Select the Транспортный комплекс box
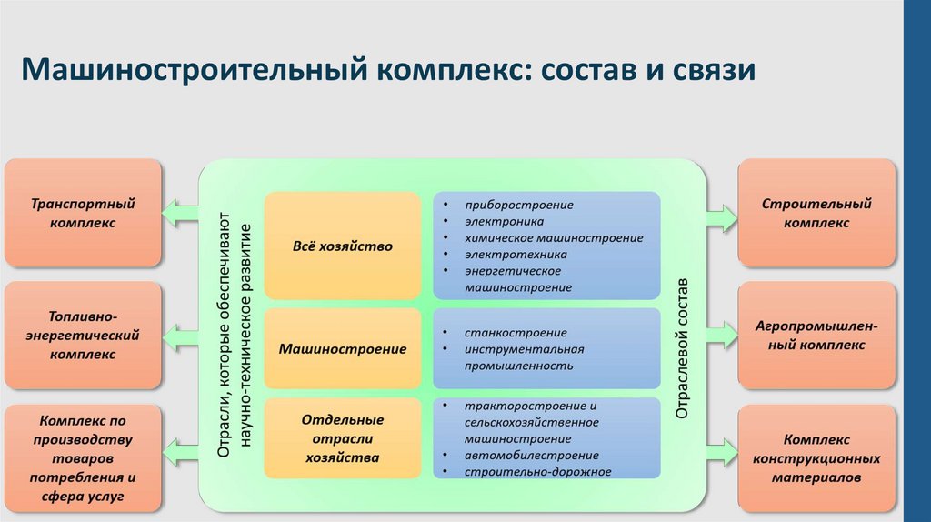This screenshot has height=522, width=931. click(x=84, y=212)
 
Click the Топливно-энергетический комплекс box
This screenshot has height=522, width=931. click(x=84, y=336)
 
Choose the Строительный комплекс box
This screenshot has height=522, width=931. click(x=816, y=212)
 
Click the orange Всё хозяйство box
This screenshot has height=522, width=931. click(x=342, y=246)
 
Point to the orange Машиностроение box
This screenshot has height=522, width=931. click(x=342, y=348)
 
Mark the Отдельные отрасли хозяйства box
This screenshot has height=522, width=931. click(x=342, y=438)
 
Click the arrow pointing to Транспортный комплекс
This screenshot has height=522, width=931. click(x=180, y=213)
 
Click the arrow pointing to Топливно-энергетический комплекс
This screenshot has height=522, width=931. click(x=180, y=336)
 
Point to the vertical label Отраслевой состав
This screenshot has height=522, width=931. click(x=683, y=347)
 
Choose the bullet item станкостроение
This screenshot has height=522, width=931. click(x=515, y=333)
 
